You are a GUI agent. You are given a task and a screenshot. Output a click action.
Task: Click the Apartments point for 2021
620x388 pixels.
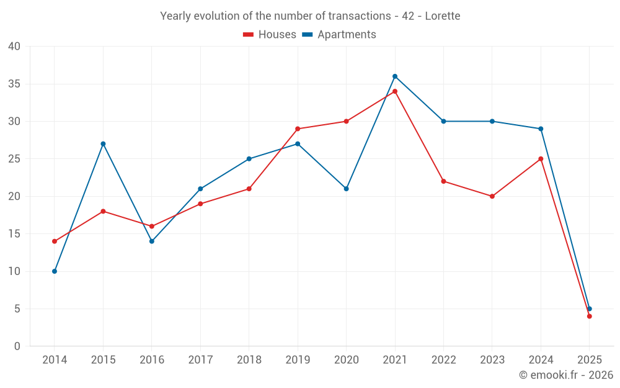click(395, 76)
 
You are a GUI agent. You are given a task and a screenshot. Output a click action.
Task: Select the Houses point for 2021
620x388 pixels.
click(395, 91)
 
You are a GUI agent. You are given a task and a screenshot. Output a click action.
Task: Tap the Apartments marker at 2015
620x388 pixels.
click(103, 144)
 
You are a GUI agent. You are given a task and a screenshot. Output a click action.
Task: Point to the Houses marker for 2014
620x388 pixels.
click(55, 241)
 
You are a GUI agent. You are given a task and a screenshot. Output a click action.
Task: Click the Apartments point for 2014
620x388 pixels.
click(55, 271)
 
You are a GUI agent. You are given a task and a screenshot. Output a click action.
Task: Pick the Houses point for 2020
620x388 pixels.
click(346, 121)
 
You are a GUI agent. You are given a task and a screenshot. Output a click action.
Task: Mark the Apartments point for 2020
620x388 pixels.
click(346, 189)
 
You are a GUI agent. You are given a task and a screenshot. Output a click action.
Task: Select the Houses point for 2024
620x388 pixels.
click(541, 159)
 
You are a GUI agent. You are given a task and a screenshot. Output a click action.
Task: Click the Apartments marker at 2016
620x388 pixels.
click(152, 241)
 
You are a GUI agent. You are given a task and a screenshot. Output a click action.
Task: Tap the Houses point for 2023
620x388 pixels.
click(492, 196)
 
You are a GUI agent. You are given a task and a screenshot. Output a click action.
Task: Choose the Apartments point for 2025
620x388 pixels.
click(590, 309)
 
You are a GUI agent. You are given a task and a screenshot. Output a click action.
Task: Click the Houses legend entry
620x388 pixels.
click(270, 35)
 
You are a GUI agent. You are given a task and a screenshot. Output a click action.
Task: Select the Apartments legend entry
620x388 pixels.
click(339, 35)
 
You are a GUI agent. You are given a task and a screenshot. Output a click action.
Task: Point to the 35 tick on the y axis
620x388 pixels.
click(14, 84)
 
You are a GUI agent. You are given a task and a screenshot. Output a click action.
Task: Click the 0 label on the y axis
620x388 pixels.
click(17, 346)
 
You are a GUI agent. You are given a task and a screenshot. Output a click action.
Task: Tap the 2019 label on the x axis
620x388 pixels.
click(298, 360)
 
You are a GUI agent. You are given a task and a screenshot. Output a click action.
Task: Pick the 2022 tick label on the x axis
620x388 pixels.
click(443, 360)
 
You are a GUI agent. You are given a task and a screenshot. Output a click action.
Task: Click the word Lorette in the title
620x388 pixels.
click(443, 16)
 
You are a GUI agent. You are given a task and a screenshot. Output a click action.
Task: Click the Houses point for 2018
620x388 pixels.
click(249, 189)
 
